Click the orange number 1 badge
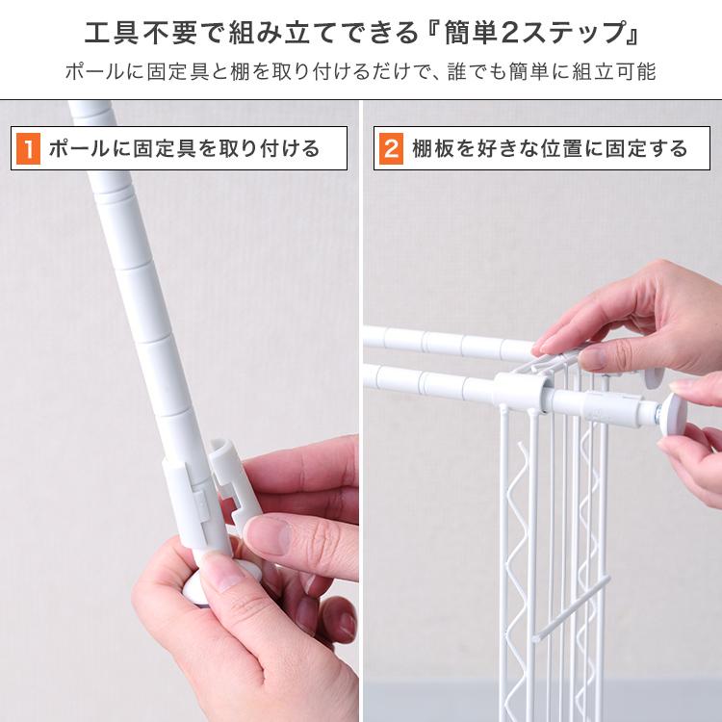tap(28, 148)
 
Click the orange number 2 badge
tap(391, 148)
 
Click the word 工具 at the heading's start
tap(111, 33)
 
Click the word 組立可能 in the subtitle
tap(614, 72)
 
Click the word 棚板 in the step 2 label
tap(432, 148)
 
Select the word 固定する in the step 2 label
tap(646, 148)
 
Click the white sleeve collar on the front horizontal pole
tap(521, 391)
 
